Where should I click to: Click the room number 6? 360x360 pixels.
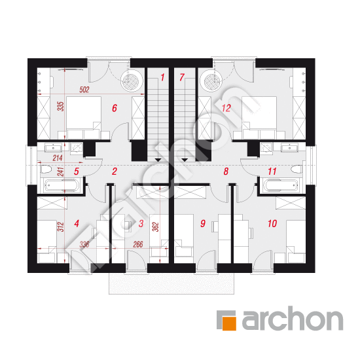(115, 108)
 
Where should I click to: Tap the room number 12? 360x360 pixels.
(226, 108)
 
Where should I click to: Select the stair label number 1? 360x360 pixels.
(162, 77)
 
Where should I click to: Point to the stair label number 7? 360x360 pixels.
(182, 77)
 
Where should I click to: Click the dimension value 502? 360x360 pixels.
(84, 90)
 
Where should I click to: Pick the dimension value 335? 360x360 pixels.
(61, 107)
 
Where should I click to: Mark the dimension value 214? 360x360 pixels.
(58, 158)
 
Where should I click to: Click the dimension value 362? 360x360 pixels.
(156, 227)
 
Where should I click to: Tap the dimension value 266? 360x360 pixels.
(138, 244)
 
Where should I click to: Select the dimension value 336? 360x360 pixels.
(84, 244)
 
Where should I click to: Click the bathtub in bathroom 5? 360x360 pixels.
(62, 185)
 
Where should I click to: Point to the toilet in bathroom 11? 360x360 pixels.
(297, 170)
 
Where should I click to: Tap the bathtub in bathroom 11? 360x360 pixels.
(281, 185)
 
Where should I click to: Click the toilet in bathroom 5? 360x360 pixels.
(46, 170)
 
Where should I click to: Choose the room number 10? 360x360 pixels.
(272, 223)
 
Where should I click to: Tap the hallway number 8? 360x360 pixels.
(226, 171)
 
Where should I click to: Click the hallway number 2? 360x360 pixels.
(115, 171)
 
